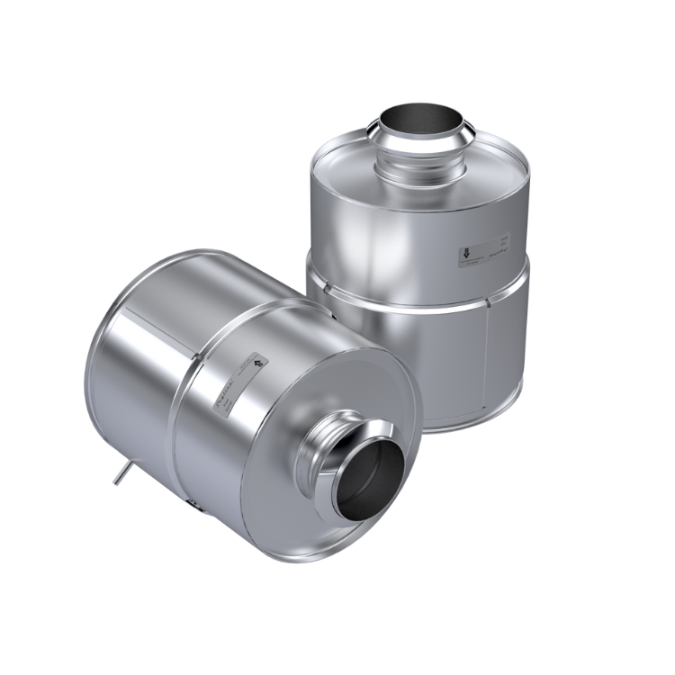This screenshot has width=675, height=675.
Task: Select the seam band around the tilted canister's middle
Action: [184, 423]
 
